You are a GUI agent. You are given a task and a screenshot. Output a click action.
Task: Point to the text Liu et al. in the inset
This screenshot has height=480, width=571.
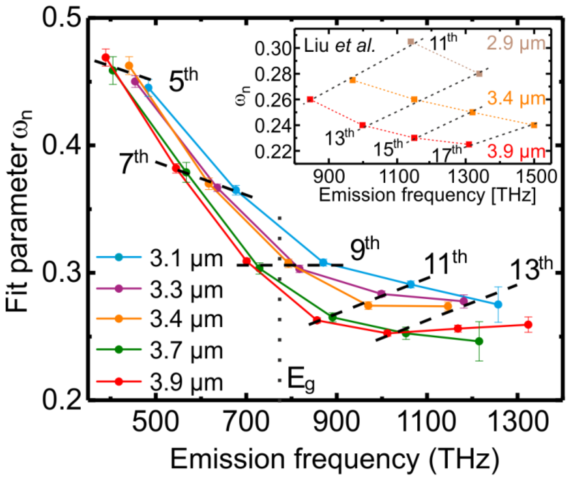pyautogui.click(x=339, y=46)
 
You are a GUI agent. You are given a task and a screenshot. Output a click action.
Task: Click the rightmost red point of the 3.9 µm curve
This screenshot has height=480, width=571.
pyautogui.click(x=528, y=325)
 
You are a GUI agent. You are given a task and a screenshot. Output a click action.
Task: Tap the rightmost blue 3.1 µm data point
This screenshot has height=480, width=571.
pyautogui.click(x=498, y=304)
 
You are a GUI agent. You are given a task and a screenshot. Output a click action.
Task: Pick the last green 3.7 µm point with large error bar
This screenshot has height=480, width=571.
pyautogui.click(x=479, y=341)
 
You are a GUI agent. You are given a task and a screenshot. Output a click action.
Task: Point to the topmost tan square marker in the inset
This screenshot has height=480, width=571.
pyautogui.click(x=411, y=42)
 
